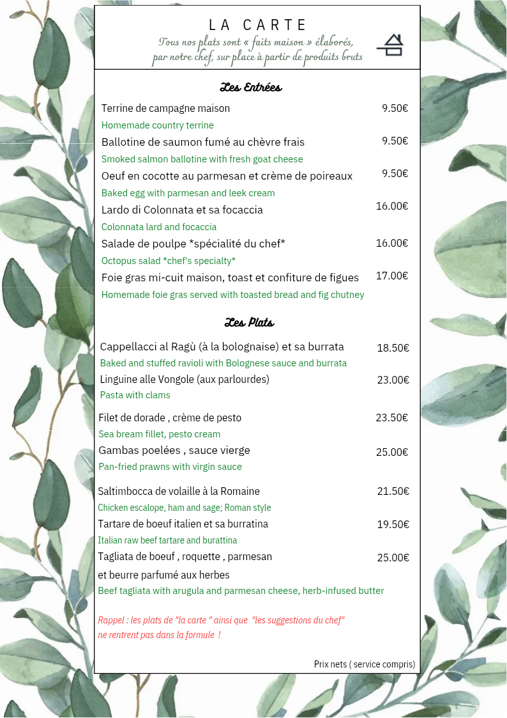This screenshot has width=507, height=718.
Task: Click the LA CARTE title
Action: (258, 25)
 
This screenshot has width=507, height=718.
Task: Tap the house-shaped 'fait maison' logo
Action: (390, 45)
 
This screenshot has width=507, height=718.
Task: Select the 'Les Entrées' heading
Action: (250, 87)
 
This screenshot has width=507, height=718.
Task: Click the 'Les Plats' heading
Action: (249, 322)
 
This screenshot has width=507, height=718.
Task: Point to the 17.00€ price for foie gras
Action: (392, 276)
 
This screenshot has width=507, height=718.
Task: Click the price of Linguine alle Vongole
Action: (393, 380)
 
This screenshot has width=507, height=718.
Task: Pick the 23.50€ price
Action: (391, 418)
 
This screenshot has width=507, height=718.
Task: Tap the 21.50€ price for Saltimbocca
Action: (393, 491)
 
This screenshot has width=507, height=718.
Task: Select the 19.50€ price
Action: (393, 524)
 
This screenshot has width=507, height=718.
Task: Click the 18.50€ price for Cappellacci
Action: (393, 348)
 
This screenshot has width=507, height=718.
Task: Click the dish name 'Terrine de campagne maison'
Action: (165, 108)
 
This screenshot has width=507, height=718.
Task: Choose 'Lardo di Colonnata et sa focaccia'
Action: (182, 210)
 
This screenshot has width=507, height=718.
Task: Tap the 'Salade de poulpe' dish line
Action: (193, 244)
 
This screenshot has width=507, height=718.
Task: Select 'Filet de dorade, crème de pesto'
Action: (170, 418)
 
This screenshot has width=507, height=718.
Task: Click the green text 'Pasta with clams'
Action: (135, 395)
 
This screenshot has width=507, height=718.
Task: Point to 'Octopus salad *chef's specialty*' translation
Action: (169, 261)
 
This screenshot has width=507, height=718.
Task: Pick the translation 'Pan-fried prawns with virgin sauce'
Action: (170, 467)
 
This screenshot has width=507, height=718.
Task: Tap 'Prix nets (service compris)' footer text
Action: (364, 664)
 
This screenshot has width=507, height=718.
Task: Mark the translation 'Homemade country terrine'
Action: (157, 125)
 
